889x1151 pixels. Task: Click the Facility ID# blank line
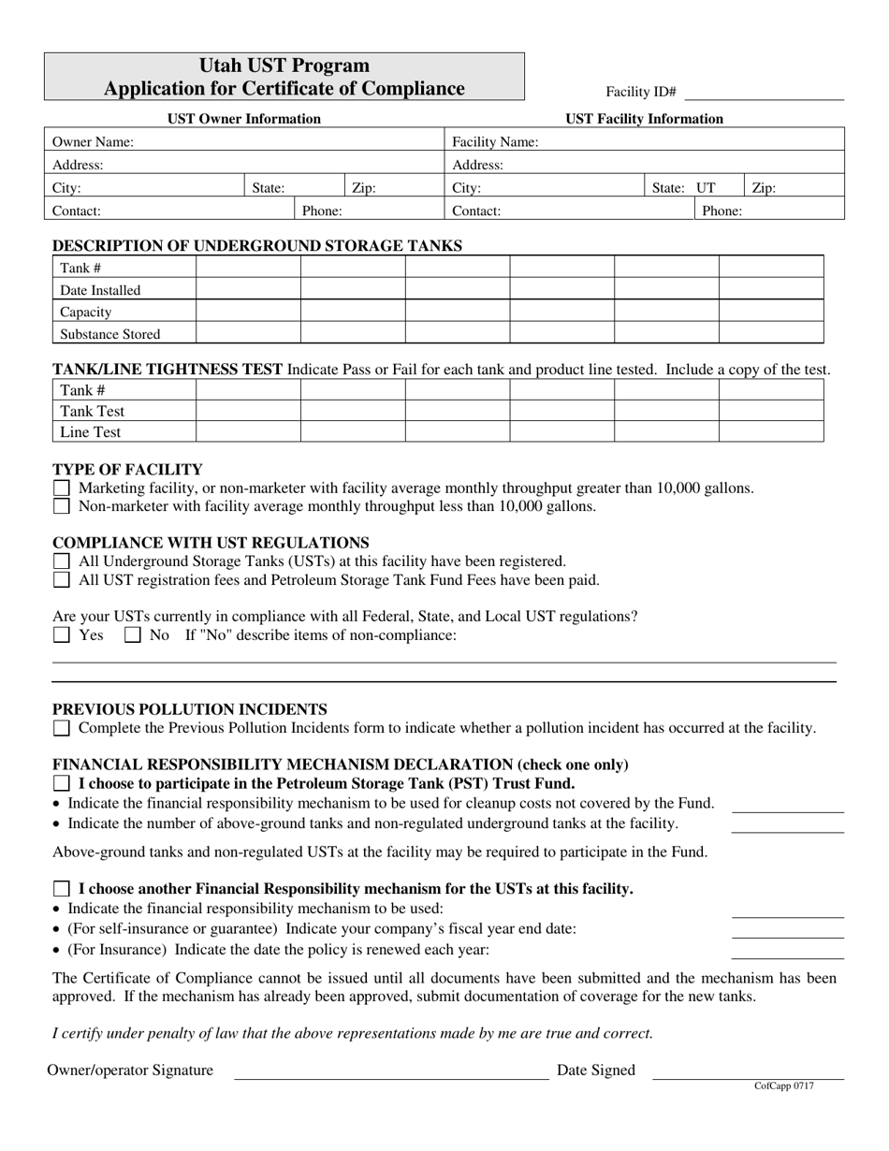[765, 93]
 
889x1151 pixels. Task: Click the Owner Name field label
[93, 142]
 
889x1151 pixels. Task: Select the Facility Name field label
[495, 142]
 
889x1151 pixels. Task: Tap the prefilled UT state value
[706, 188]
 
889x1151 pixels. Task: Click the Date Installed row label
[100, 290]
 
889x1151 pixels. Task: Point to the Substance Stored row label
[110, 334]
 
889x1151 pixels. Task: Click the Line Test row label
[91, 432]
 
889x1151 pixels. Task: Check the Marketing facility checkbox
[62, 488]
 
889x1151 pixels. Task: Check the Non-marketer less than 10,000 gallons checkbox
[62, 507]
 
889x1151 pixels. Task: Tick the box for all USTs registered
[62, 561]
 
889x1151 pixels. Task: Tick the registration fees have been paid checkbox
[62, 580]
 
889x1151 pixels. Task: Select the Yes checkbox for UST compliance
[62, 635]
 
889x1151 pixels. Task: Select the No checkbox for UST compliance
[133, 635]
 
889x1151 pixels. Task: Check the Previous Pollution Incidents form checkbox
[62, 728]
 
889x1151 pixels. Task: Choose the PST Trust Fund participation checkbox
[62, 783]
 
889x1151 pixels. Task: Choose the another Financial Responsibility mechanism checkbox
[62, 889]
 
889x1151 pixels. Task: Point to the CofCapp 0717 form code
[783, 1086]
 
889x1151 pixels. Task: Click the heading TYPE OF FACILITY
[127, 470]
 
